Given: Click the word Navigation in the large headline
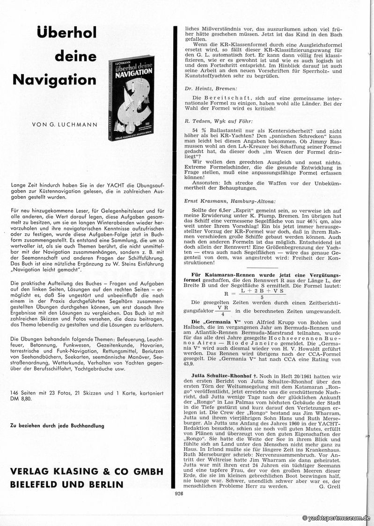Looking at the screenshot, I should [54, 79].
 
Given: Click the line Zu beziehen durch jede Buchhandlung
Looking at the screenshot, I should [56, 425].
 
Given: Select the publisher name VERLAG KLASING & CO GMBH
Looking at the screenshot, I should [87, 471].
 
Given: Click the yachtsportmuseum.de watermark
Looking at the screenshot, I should [337, 518].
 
